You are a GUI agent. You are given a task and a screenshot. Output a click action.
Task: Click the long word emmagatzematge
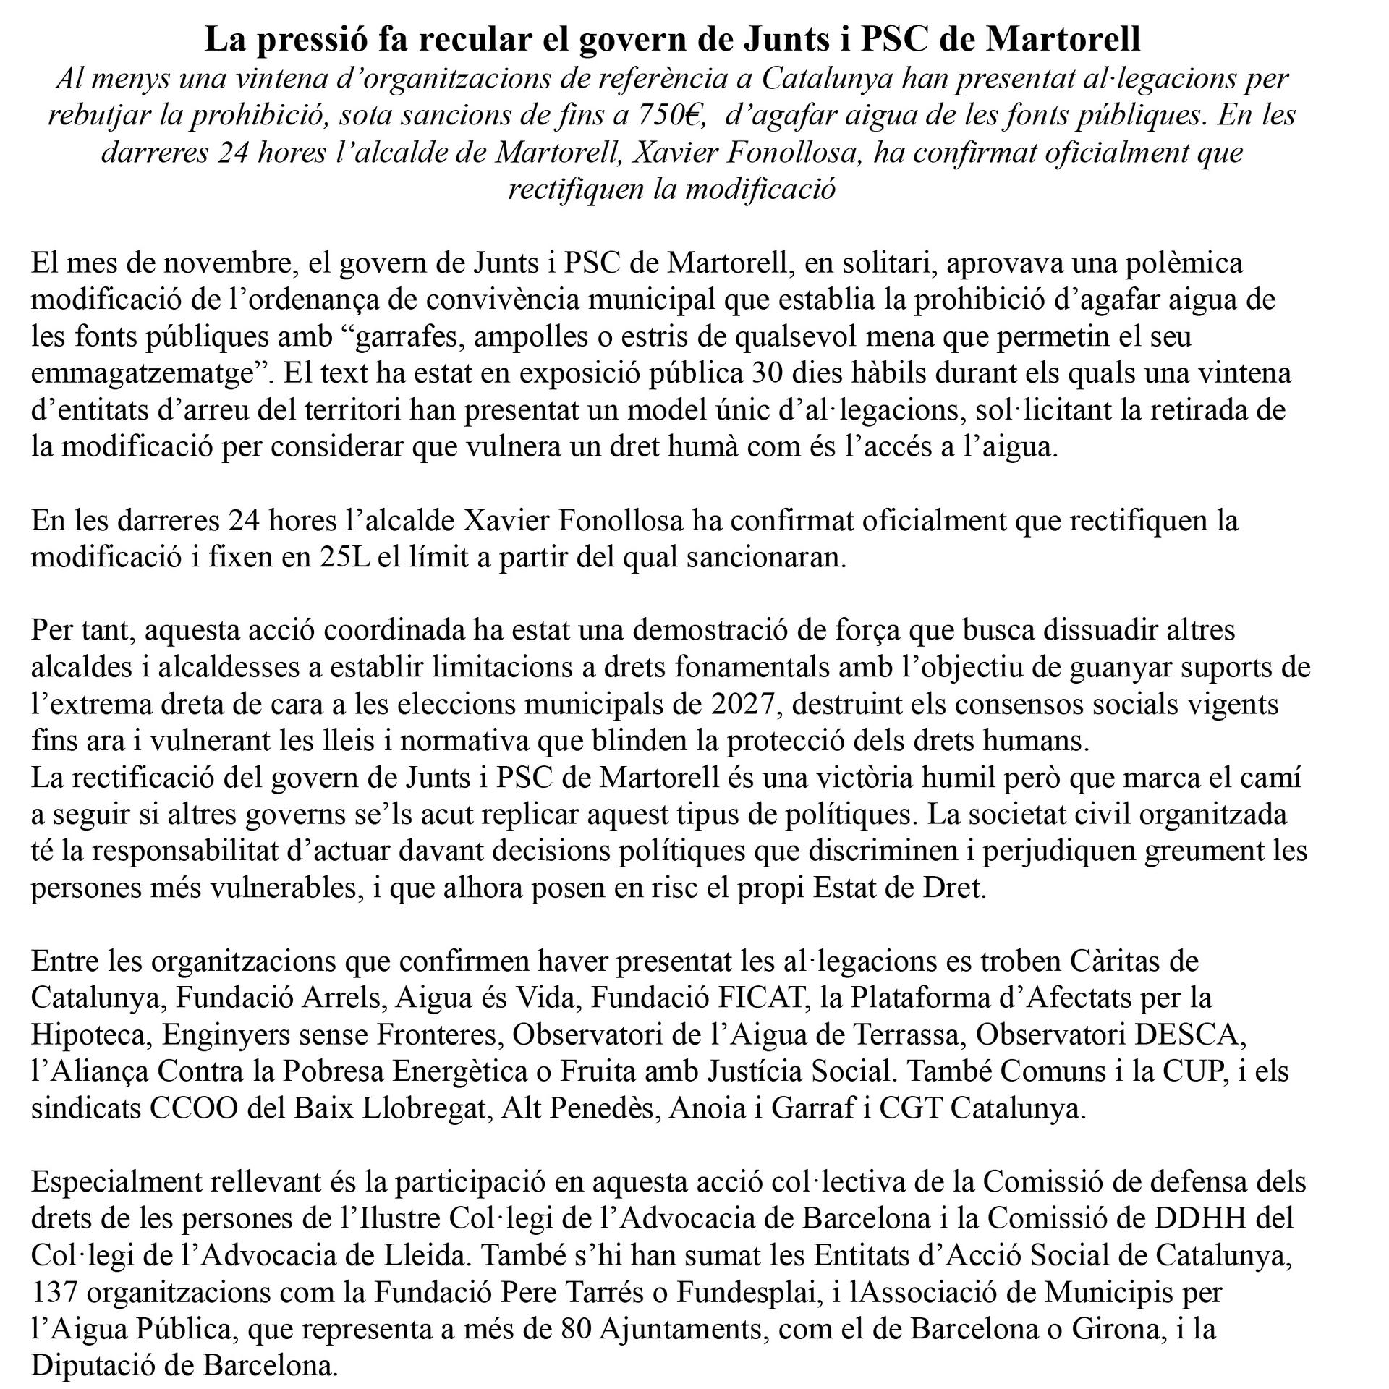point(145,374)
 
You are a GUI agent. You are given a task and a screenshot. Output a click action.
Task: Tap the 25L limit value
point(344,558)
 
